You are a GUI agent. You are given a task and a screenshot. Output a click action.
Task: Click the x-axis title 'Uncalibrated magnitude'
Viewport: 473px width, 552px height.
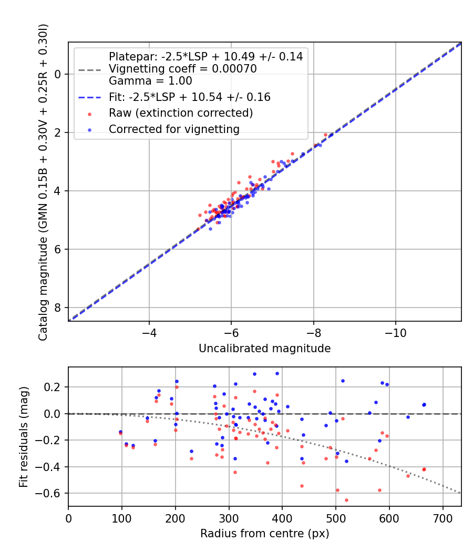(x=264, y=349)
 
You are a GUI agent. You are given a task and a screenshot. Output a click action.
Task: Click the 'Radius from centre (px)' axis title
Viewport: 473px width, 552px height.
(x=264, y=533)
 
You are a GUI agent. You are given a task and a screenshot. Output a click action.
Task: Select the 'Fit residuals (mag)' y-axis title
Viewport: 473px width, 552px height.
(x=24, y=436)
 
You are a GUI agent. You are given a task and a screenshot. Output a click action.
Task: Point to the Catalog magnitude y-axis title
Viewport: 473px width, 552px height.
(x=43, y=181)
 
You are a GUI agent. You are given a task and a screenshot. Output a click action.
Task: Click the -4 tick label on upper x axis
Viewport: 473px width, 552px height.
(x=149, y=334)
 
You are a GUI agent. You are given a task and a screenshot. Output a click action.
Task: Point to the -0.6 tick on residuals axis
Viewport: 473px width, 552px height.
(x=52, y=493)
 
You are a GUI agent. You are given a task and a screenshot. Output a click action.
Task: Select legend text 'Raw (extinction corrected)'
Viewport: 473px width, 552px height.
(x=181, y=113)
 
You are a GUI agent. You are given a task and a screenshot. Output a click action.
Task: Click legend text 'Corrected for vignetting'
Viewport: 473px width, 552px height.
(x=174, y=129)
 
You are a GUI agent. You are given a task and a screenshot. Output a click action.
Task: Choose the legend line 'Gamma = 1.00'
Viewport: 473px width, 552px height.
(x=150, y=81)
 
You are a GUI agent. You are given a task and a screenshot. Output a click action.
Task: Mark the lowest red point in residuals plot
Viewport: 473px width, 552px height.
(x=346, y=500)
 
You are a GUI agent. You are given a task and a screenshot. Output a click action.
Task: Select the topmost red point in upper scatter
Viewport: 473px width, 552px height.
(x=325, y=135)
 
